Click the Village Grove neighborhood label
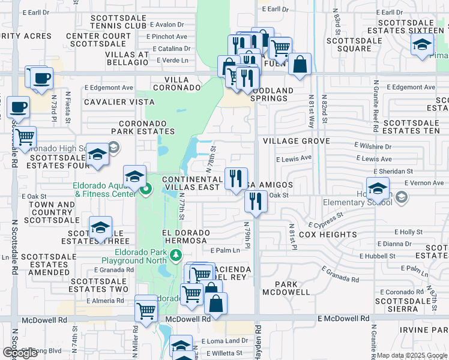coord(296,141)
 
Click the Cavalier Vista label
coord(119,102)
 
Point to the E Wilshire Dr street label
coord(373,146)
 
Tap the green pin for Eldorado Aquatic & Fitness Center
coord(146,191)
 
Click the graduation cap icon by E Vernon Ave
coord(378,188)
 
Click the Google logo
coord(20,353)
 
